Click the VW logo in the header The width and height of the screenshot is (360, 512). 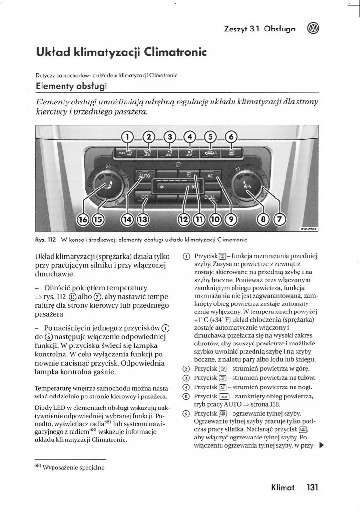(x=314, y=29)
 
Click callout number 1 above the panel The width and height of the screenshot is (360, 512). (x=127, y=137)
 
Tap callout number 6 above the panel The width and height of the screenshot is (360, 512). (x=231, y=137)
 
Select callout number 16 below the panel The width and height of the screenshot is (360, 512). (x=83, y=219)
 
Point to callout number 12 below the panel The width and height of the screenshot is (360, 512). (x=184, y=219)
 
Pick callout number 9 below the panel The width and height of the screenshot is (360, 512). (x=231, y=219)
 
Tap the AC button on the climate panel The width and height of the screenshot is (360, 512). (x=210, y=176)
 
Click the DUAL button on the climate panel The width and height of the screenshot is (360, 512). (x=210, y=197)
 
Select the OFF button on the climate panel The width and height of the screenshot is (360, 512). (x=145, y=197)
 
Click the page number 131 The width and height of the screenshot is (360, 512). (x=313, y=487)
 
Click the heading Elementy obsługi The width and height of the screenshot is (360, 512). (x=72, y=86)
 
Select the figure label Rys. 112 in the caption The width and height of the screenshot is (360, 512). (x=46, y=239)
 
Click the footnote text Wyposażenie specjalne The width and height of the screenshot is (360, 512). (x=74, y=467)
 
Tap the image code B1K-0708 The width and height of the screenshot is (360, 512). (x=308, y=229)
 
